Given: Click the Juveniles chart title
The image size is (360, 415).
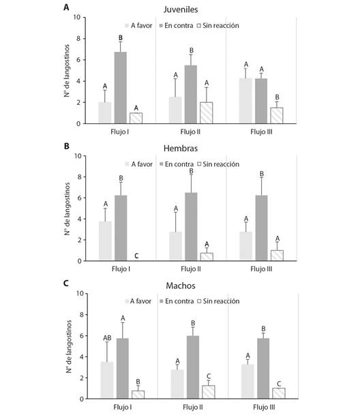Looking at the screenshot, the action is [181, 10].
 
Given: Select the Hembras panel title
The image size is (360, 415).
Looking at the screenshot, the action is [181, 149].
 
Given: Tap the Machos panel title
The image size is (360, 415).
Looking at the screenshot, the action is [181, 286].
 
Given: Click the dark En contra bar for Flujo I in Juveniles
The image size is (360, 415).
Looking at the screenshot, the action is [120, 88].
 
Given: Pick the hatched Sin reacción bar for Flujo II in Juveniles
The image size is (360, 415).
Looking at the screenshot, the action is [207, 112].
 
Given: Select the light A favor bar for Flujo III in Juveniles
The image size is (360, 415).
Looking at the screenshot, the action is [245, 101].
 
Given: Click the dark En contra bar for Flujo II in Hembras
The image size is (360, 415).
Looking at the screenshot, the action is [191, 227].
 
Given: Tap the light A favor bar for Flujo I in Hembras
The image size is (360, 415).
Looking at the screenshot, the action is [106, 241].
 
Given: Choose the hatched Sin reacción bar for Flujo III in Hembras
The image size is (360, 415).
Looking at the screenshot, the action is [277, 256].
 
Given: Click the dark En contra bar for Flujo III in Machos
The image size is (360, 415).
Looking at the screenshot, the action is [263, 369].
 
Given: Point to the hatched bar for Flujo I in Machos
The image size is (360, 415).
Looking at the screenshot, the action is [138, 395].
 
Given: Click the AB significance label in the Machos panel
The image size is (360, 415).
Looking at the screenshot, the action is [107, 338].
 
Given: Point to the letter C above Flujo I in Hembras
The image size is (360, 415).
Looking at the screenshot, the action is [136, 256].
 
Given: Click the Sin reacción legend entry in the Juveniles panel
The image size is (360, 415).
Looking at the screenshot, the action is [217, 26].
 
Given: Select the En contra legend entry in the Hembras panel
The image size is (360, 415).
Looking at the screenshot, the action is [177, 164].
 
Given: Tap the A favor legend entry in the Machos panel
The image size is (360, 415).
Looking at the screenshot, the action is [138, 301].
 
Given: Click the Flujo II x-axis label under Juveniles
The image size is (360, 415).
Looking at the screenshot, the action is [190, 132].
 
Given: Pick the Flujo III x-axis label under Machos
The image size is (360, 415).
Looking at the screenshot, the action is [264, 407].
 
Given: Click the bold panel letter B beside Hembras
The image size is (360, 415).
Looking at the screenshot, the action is [67, 146].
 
